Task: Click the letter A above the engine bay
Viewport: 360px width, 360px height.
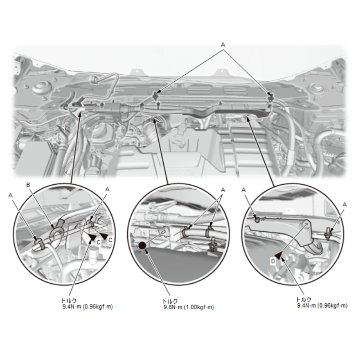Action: tap(223, 45)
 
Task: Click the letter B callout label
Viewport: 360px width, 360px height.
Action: tap(28, 185)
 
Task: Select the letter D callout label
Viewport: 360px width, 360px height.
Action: tap(273, 261)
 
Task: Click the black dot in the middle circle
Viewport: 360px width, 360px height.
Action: tap(142, 246)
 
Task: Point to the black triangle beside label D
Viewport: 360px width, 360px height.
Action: tap(278, 256)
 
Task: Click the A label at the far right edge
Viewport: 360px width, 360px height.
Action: tap(344, 204)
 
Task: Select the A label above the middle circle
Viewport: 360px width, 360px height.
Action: tap(223, 190)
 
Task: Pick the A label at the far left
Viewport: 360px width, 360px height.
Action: tap(10, 195)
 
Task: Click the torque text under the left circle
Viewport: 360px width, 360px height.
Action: tap(87, 304)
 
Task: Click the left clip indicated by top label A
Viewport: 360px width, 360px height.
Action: tap(156, 96)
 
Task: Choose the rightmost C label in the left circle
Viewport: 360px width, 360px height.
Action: tap(110, 240)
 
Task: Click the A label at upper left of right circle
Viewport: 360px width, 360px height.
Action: tap(244, 190)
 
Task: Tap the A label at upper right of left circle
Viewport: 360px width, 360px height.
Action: tap(107, 190)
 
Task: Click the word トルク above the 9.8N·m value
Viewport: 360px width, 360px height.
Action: tap(170, 301)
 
